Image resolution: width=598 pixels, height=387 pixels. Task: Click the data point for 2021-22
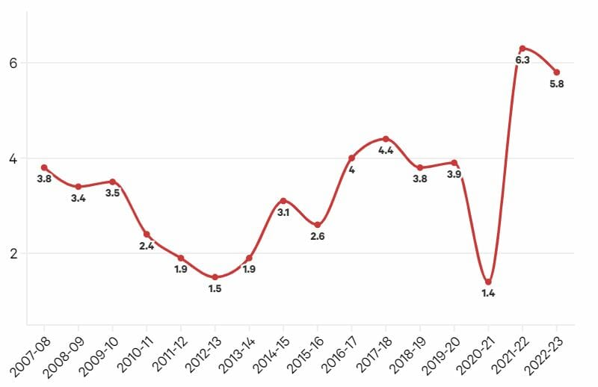[523, 49]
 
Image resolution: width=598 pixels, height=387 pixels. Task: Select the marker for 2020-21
[488, 282]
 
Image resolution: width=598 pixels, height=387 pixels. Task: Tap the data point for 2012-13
[215, 277]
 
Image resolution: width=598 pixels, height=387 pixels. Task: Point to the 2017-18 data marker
[386, 139]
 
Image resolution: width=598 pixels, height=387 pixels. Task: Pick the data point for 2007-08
[44, 167]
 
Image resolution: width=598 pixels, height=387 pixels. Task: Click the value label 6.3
[523, 61]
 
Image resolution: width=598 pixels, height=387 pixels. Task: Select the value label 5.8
[556, 84]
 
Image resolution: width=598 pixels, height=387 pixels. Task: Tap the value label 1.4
[488, 294]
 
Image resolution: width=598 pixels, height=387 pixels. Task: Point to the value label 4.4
[386, 151]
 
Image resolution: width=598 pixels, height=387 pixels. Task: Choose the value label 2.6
[317, 237]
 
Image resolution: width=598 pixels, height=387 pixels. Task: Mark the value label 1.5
[215, 288]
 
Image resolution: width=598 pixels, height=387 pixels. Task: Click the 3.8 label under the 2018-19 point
[420, 179]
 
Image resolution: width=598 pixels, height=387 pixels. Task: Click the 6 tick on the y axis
[13, 64]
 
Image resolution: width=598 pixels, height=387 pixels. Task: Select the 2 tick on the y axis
[13, 253]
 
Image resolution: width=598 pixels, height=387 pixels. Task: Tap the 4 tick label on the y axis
[13, 158]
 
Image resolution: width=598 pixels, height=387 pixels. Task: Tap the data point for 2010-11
[147, 235]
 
